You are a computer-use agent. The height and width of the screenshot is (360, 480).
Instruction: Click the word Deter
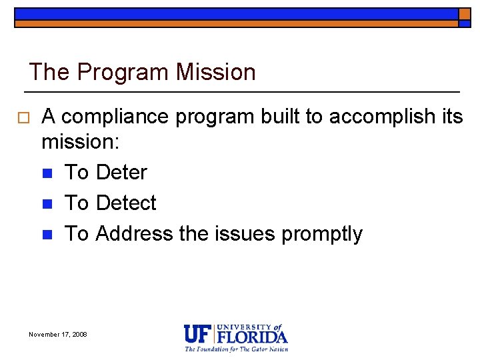[x=121, y=173]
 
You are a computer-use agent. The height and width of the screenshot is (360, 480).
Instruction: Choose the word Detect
[x=126, y=203]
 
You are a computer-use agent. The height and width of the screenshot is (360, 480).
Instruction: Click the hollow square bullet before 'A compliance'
[x=23, y=117]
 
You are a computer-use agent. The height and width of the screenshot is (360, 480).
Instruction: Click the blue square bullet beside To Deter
[x=47, y=173]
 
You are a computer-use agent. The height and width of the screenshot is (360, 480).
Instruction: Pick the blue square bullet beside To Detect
[x=47, y=203]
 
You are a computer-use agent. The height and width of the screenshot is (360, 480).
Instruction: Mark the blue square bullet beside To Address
[x=47, y=234]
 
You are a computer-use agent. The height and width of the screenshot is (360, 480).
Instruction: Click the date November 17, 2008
[x=58, y=334]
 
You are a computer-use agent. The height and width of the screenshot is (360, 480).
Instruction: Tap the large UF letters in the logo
[x=197, y=333]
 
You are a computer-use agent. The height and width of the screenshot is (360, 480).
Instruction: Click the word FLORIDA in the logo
[x=252, y=337]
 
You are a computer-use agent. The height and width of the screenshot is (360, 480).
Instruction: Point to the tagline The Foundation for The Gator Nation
[x=236, y=349]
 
